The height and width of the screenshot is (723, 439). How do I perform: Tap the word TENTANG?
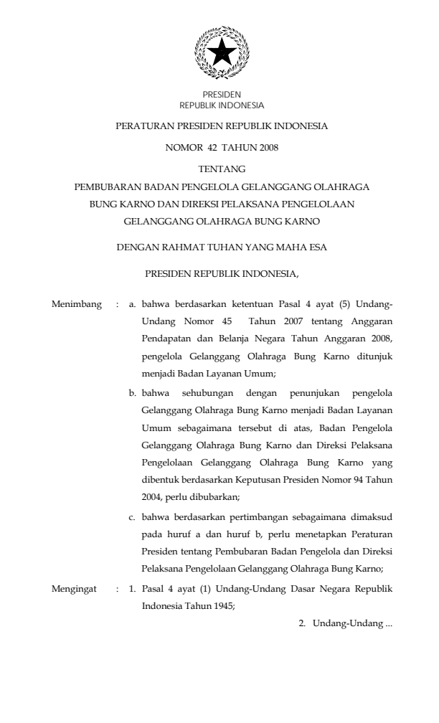point(222,169)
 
